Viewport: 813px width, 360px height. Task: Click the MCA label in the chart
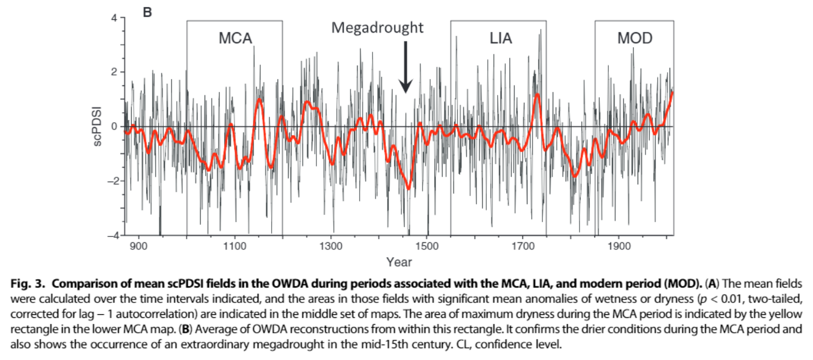(x=235, y=38)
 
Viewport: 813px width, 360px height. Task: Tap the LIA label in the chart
(x=501, y=38)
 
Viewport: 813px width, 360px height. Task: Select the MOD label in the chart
(x=635, y=38)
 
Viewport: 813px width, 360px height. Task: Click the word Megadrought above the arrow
(x=377, y=28)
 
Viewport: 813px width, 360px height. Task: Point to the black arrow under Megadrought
(x=406, y=67)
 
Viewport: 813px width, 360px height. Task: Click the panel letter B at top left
(x=147, y=12)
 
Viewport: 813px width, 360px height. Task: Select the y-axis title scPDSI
(x=97, y=126)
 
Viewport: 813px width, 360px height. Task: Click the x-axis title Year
(x=399, y=262)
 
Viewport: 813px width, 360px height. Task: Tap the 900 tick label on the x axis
(x=139, y=246)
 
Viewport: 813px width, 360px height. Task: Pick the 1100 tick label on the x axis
(x=234, y=246)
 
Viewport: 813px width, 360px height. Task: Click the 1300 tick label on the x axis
(x=331, y=246)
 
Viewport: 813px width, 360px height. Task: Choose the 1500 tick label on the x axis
(x=427, y=246)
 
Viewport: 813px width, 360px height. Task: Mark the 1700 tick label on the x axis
(x=523, y=246)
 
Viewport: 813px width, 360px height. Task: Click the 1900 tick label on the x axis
(x=619, y=246)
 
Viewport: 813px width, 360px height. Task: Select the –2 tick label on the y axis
(x=113, y=181)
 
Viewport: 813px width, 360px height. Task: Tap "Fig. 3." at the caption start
(x=28, y=284)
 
